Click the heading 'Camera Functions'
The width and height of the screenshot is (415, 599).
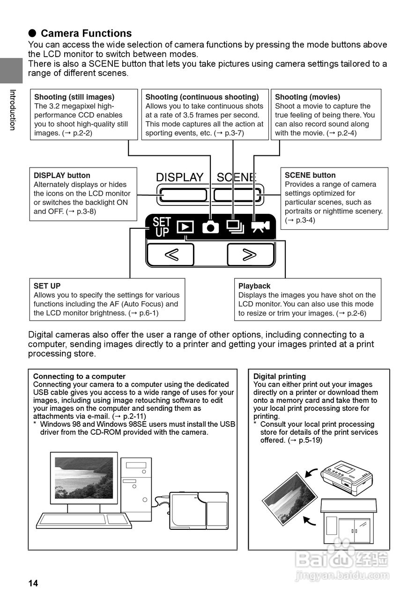click(x=86, y=33)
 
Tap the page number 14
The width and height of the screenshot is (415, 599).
click(x=33, y=583)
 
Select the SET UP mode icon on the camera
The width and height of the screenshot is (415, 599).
click(x=162, y=227)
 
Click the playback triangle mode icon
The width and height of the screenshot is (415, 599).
click(x=185, y=227)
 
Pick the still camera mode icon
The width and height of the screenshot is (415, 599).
click(x=210, y=227)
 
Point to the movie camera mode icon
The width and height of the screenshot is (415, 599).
click(x=260, y=226)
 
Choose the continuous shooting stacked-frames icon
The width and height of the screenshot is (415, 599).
click(x=235, y=226)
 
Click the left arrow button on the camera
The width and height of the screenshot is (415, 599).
click(x=170, y=255)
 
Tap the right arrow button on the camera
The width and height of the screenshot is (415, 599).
click(x=250, y=255)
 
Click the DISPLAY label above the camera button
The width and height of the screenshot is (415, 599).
click(x=180, y=177)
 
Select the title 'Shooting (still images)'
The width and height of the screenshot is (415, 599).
click(x=74, y=97)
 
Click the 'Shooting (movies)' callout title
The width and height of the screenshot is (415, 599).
click(x=307, y=97)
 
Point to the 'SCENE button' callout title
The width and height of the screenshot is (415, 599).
click(x=310, y=175)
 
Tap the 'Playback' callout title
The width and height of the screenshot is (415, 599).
click(x=254, y=286)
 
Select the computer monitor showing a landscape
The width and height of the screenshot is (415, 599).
click(x=84, y=478)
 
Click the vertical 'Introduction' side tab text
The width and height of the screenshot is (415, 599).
click(x=13, y=110)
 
